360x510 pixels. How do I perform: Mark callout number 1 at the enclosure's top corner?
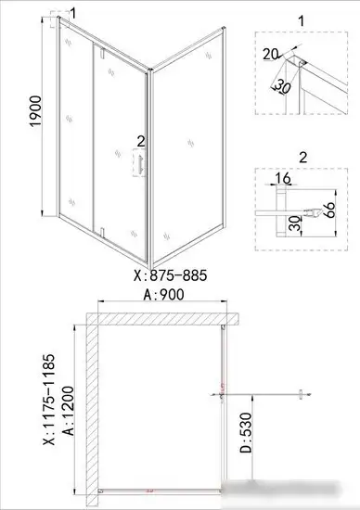tap(73, 11)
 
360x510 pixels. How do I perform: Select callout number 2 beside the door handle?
tap(141, 141)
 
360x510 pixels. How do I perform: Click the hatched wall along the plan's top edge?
tap(158, 320)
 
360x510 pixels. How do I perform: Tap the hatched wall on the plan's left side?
tap(92, 408)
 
